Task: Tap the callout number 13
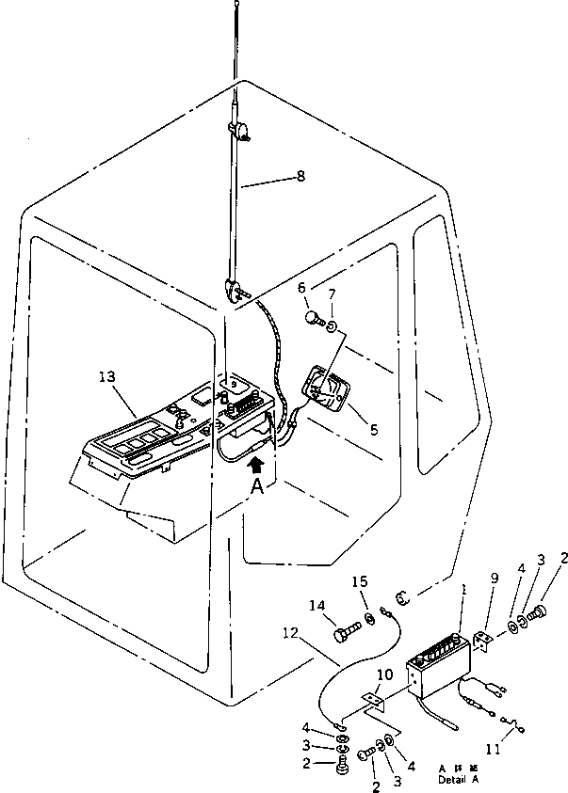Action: tap(106, 376)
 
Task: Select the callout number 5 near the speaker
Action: tap(374, 430)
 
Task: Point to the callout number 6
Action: tap(301, 288)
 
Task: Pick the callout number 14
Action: tap(317, 606)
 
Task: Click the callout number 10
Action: tap(384, 675)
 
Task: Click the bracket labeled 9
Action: tap(486, 642)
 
